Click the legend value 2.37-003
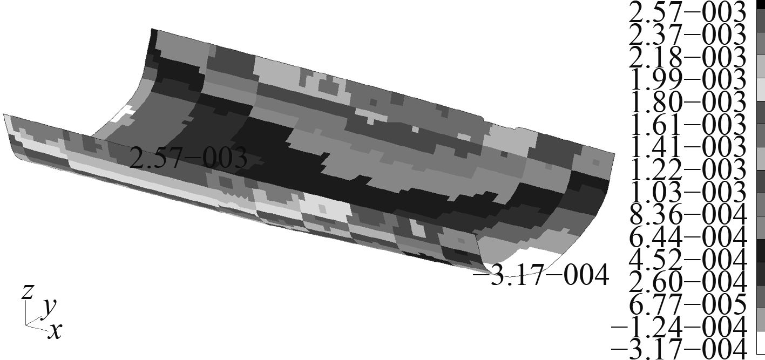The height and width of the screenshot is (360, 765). (x=687, y=35)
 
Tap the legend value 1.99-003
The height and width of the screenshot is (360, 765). (x=687, y=79)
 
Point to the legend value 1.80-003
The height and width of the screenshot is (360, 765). (x=687, y=102)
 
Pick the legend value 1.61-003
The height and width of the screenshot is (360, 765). (x=687, y=124)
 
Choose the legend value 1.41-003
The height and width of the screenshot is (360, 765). (x=687, y=147)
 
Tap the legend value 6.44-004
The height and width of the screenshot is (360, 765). (x=687, y=237)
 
